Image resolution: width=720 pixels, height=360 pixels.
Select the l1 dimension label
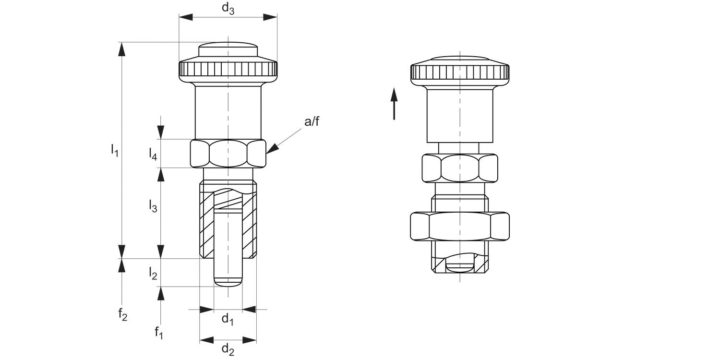[114, 150]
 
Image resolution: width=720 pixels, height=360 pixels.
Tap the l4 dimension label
[152, 154]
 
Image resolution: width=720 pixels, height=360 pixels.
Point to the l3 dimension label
[152, 206]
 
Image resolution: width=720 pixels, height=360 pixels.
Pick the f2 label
[123, 315]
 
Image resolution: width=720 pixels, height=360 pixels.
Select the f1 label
[159, 332]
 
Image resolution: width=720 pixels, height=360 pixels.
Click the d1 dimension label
[228, 319]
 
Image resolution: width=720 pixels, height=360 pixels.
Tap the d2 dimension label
[228, 350]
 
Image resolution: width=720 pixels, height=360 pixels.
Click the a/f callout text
[312, 122]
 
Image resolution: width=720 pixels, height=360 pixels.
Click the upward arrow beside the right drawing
[394, 103]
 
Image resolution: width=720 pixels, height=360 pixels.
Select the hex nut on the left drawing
[228, 154]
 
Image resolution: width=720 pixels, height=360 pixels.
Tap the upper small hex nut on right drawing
[460, 168]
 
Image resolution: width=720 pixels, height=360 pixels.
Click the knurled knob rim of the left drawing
[228, 71]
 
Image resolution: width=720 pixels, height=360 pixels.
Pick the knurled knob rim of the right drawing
[460, 72]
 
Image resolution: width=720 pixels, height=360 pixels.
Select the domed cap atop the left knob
[228, 49]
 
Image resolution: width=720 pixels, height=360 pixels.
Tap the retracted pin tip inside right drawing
[459, 266]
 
